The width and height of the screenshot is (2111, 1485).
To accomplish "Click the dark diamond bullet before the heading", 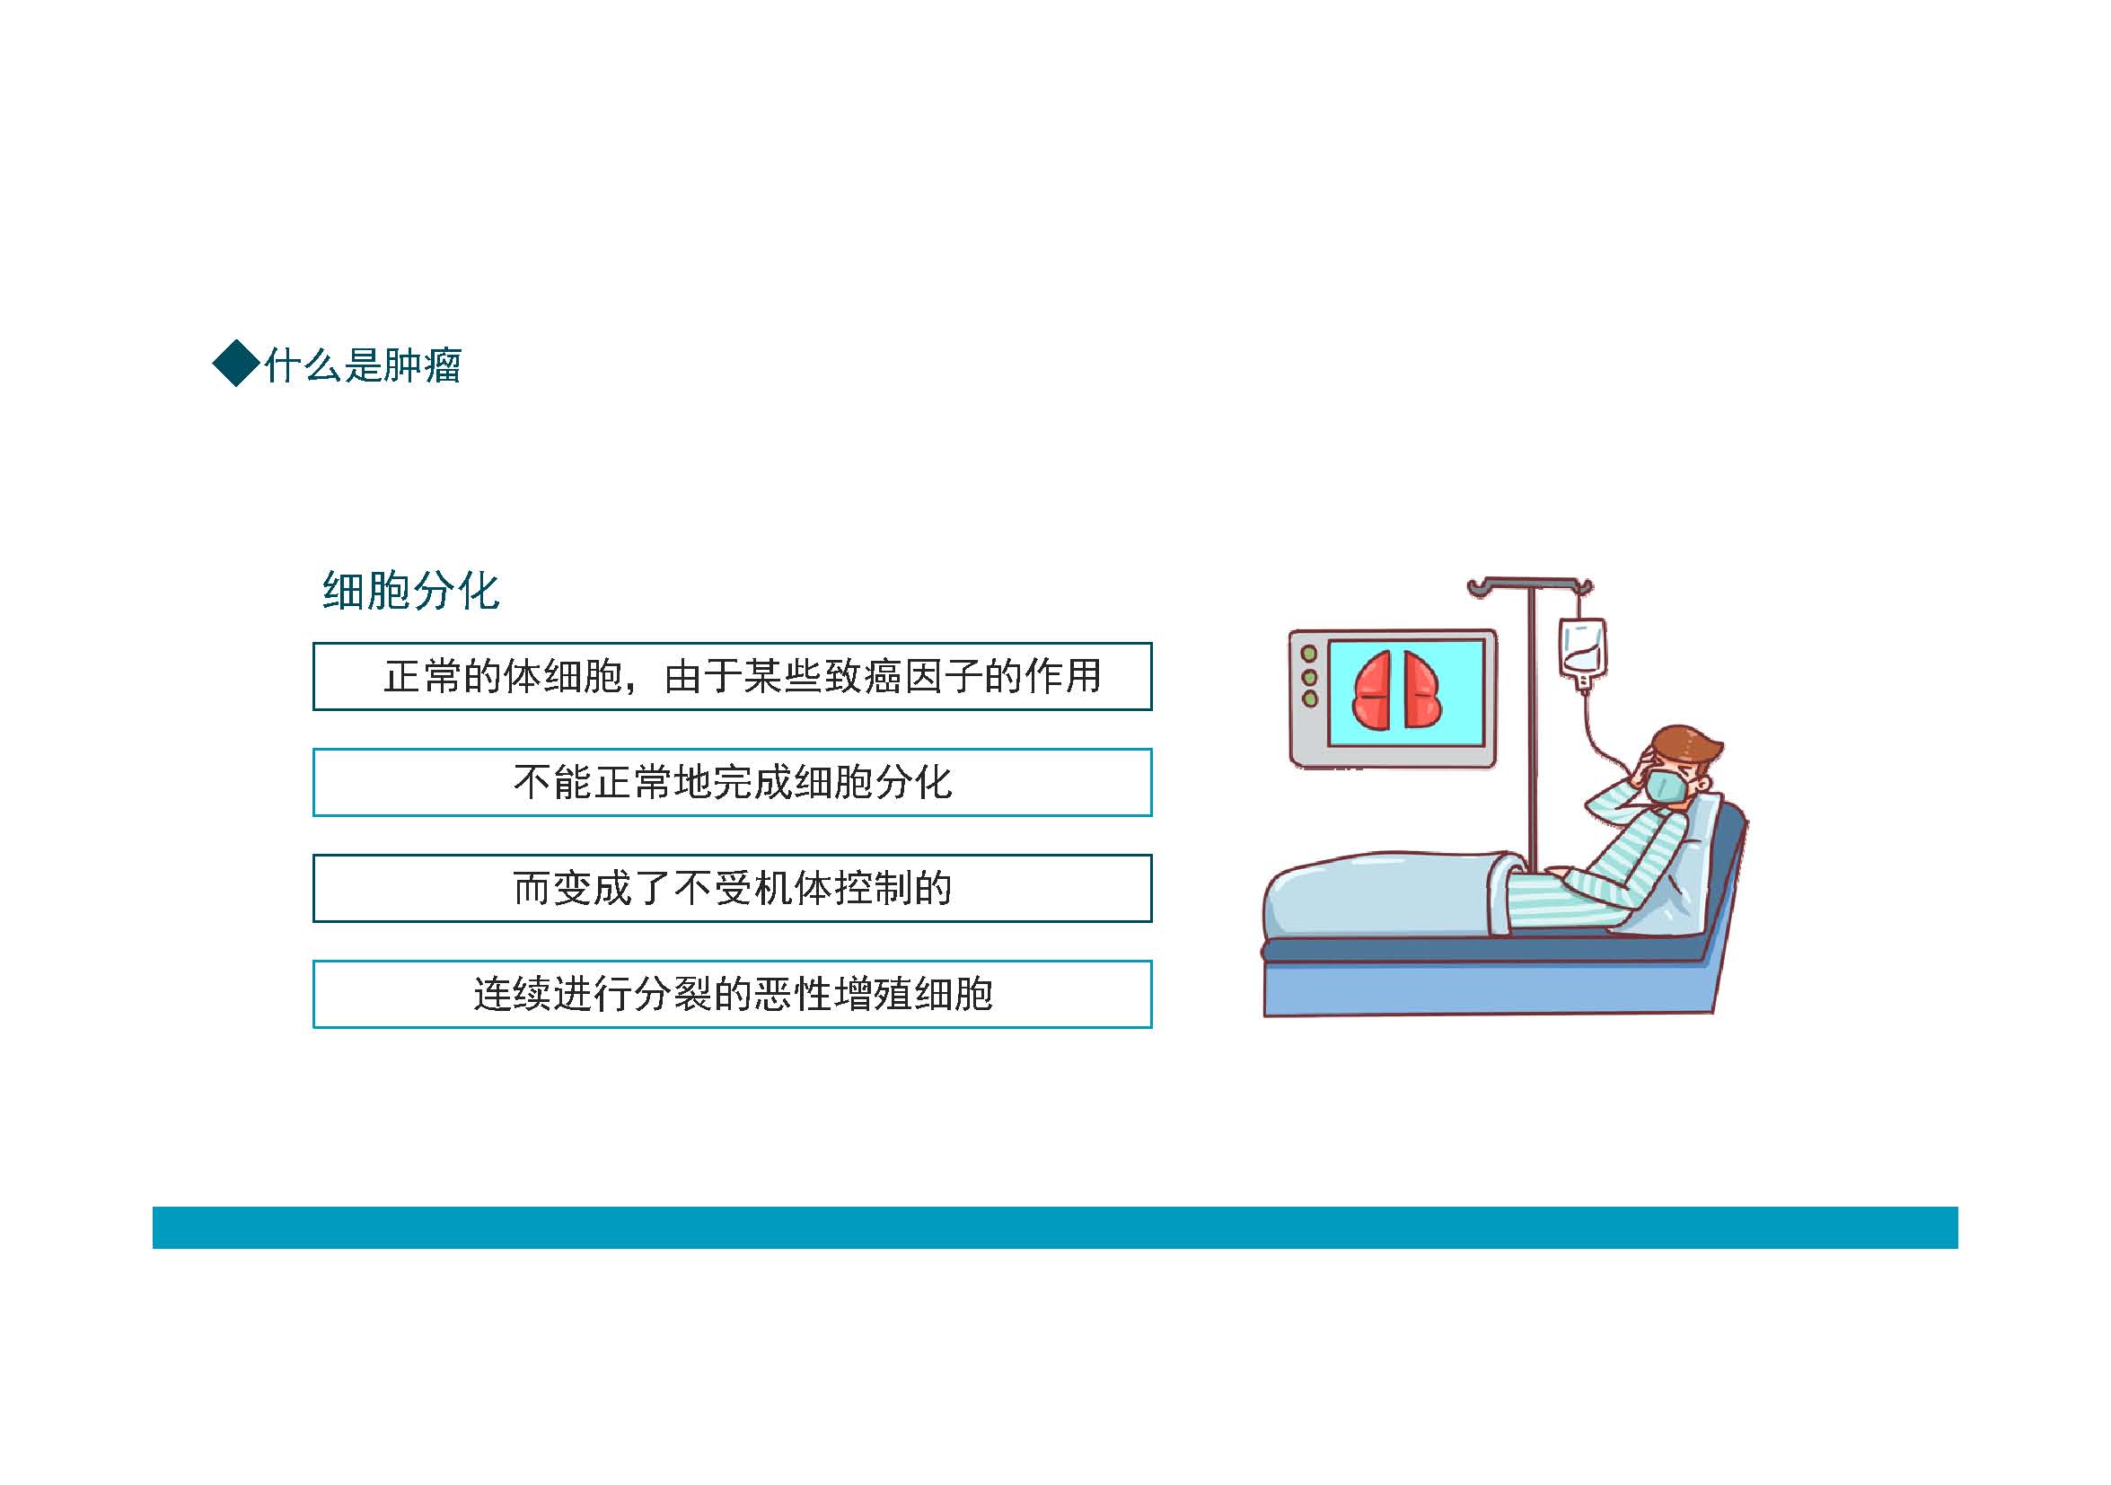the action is click(x=236, y=364).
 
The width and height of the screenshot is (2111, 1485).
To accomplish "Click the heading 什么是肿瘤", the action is click(x=363, y=365).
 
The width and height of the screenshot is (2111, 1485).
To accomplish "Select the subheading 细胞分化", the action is click(x=411, y=591).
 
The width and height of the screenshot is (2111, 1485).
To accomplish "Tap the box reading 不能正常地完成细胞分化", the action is click(x=732, y=783).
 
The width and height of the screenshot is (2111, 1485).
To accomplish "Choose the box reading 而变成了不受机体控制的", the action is click(x=732, y=888).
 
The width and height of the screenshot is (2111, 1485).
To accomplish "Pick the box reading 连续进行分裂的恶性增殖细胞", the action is click(x=732, y=994).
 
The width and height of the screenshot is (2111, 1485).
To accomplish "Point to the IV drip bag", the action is click(x=1582, y=653).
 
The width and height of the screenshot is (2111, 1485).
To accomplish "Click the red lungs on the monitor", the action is click(x=1396, y=690).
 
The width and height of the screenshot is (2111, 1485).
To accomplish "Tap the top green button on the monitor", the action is click(x=1309, y=654).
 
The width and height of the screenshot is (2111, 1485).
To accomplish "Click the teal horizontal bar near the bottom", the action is click(x=1054, y=1227).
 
